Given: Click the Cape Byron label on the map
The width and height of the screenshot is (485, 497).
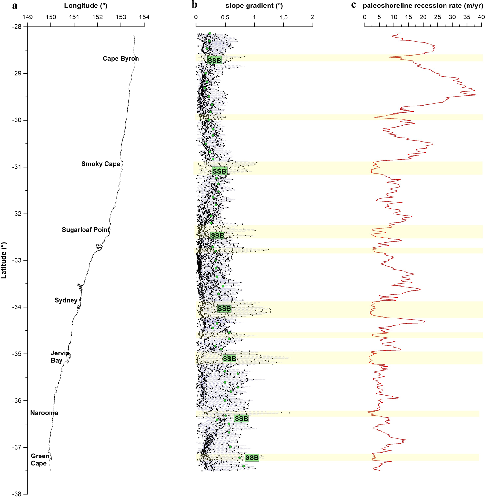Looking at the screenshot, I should pyautogui.click(x=121, y=59).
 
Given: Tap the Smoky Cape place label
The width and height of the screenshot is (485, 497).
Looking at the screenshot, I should pyautogui.click(x=101, y=164).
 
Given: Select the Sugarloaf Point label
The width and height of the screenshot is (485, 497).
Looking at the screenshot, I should pyautogui.click(x=86, y=230).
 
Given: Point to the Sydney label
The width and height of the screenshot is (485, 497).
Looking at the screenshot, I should pyautogui.click(x=66, y=300).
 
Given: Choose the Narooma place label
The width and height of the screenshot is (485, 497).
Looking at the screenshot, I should pyautogui.click(x=44, y=413).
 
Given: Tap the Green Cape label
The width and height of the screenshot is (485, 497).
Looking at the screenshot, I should pyautogui.click(x=40, y=460).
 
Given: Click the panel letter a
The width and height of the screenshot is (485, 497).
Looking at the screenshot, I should pyautogui.click(x=15, y=6).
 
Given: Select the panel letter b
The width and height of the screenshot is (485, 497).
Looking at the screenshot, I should pyautogui.click(x=194, y=5).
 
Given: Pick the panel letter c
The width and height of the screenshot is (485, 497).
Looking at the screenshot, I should pyautogui.click(x=353, y=5).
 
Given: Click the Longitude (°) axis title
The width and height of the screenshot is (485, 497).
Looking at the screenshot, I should pyautogui.click(x=86, y=6).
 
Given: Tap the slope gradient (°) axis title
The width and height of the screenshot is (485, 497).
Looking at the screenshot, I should pyautogui.click(x=254, y=6).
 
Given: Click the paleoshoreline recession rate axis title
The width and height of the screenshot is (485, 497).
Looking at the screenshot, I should pyautogui.click(x=423, y=6).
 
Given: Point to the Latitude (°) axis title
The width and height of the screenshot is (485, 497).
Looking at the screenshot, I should pyautogui.click(x=4, y=260).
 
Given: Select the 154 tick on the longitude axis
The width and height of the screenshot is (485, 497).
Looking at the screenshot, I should pyautogui.click(x=144, y=17).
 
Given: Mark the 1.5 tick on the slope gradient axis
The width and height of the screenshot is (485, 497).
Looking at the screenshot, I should pyautogui.click(x=283, y=17).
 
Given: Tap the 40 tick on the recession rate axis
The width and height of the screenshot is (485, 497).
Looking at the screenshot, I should pyautogui.click(x=481, y=17).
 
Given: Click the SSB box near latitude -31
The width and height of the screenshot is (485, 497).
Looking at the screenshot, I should pyautogui.click(x=219, y=171).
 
